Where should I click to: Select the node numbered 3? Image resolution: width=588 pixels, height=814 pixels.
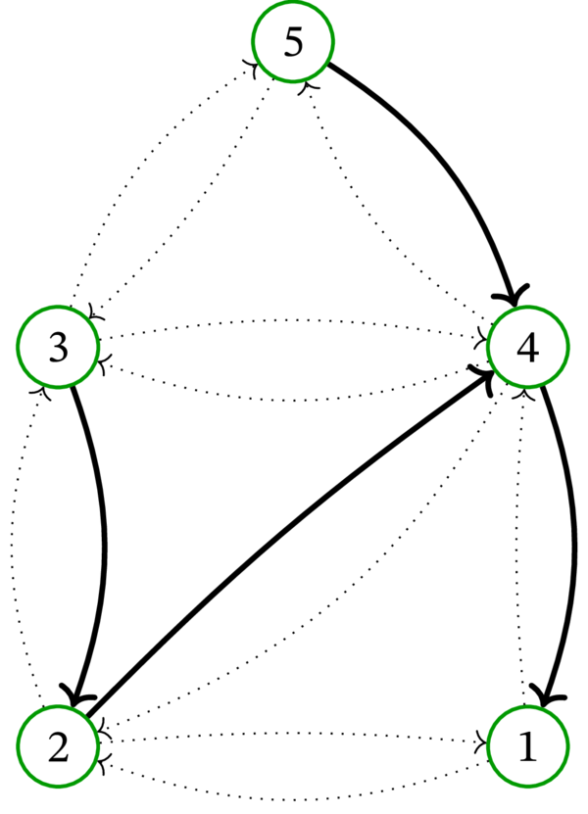57,348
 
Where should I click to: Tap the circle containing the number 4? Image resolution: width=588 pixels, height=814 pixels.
527,349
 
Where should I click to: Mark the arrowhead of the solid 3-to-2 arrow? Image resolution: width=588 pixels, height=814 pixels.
73,694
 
